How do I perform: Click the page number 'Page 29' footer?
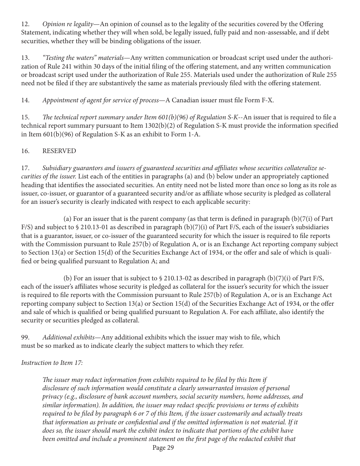pyautogui.click(x=163, y=448)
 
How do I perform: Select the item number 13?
pyautogui.click(x=25, y=58)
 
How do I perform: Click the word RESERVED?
pyautogui.click(x=59, y=151)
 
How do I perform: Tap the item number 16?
pyautogui.click(x=25, y=151)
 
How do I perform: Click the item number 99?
pyautogui.click(x=25, y=337)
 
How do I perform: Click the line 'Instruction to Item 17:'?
pyautogui.click(x=52, y=363)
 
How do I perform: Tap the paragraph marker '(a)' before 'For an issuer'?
pyautogui.click(x=67, y=219)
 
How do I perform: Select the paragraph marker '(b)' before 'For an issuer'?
pyautogui.click(x=67, y=278)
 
